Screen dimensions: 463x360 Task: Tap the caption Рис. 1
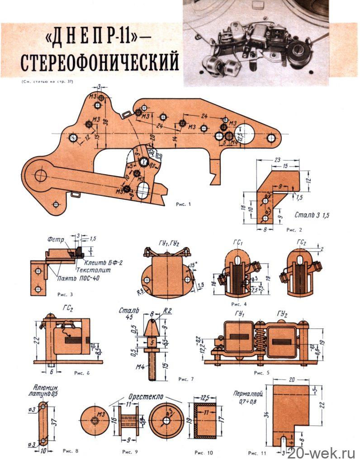click(183, 204)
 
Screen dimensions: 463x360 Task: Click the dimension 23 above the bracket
click(277, 159)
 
